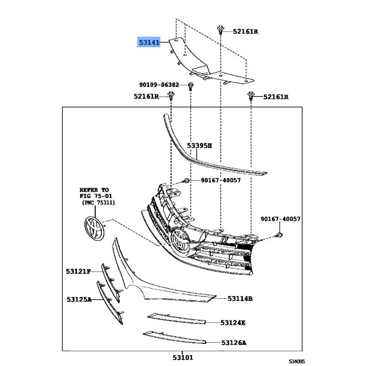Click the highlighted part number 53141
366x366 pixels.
click(x=149, y=42)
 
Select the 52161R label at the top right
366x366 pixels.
click(x=245, y=32)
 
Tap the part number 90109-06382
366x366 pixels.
click(x=159, y=85)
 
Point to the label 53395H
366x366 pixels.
click(x=199, y=145)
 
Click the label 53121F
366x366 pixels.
click(x=78, y=271)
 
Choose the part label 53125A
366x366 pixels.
click(x=79, y=299)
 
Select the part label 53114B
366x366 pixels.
click(x=240, y=299)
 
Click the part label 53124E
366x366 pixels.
click(x=233, y=323)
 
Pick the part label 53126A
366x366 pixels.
click(x=234, y=343)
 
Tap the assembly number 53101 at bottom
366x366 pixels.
click(x=183, y=357)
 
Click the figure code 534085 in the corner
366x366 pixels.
click(x=296, y=361)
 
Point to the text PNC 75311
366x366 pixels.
click(x=98, y=202)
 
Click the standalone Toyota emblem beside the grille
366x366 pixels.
click(x=94, y=228)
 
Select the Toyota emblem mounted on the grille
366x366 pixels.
click(x=179, y=243)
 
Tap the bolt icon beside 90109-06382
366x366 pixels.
click(x=190, y=86)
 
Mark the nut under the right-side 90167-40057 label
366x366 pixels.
click(x=280, y=235)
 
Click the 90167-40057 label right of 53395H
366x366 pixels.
click(x=221, y=180)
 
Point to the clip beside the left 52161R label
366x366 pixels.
click(x=171, y=96)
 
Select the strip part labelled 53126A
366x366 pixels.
click(x=174, y=337)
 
